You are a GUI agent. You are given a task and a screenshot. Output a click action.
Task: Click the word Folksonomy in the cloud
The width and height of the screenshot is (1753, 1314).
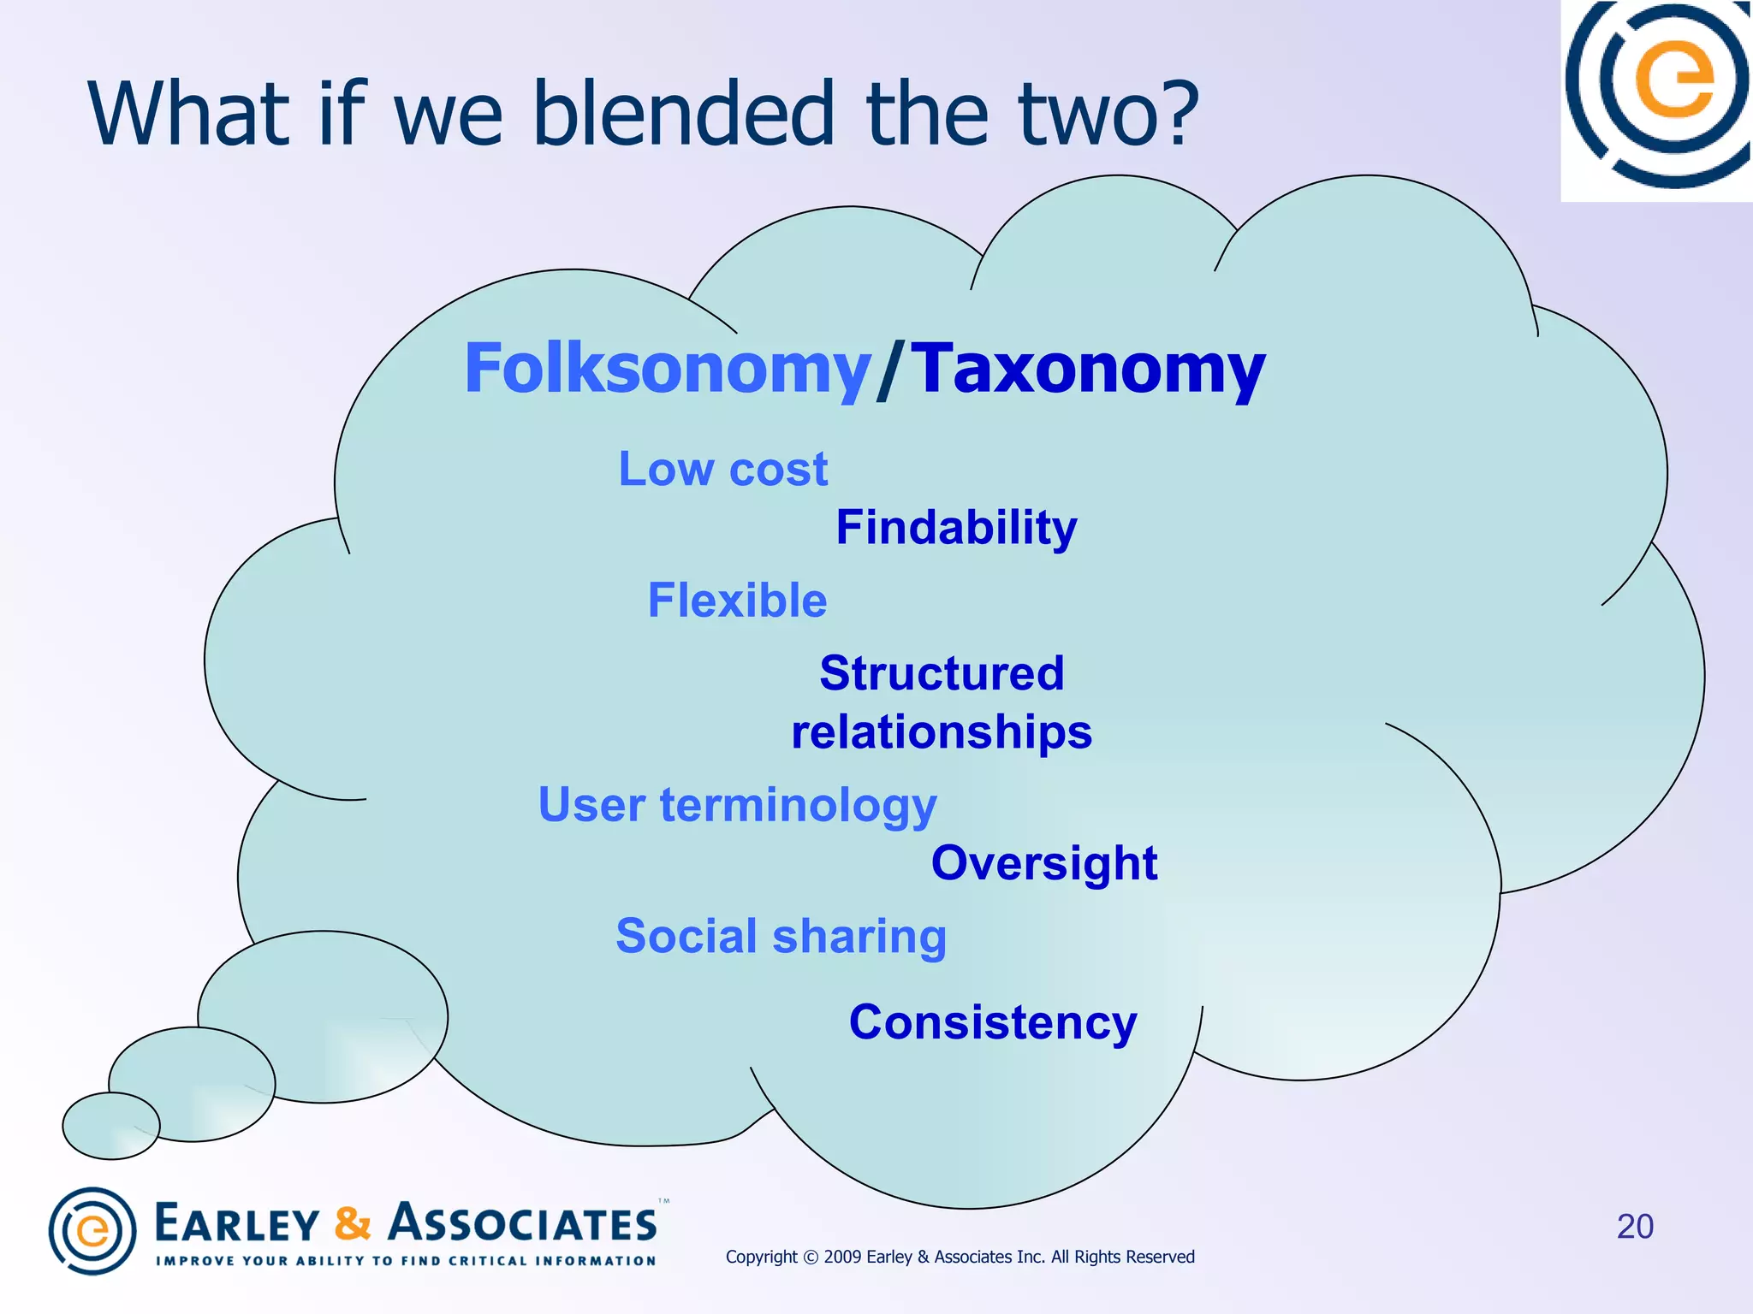(667, 370)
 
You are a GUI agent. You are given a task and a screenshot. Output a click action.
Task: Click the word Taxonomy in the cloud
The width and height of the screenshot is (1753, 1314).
(1087, 370)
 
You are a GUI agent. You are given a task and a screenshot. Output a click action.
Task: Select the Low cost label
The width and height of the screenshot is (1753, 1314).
(723, 469)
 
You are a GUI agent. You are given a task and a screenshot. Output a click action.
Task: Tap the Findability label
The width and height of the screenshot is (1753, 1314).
(956, 527)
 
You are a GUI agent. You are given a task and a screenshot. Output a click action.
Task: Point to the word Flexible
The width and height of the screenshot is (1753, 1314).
(737, 600)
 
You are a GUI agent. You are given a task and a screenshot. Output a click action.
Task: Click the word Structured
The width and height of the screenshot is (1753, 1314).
(942, 673)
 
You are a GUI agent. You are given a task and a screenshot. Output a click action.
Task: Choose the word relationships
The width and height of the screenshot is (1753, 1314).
(942, 732)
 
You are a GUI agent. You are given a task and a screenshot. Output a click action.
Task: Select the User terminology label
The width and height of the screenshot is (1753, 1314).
(737, 806)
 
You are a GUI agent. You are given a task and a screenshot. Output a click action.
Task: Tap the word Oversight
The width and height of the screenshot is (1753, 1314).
(1044, 863)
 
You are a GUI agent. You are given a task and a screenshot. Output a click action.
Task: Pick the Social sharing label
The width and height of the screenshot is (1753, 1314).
(781, 936)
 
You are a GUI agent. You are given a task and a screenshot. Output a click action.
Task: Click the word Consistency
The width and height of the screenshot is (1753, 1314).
(993, 1022)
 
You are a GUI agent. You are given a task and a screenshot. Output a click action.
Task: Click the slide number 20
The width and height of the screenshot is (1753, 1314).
(1635, 1227)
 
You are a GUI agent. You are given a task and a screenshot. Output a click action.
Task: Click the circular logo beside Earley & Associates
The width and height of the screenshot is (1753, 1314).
(92, 1231)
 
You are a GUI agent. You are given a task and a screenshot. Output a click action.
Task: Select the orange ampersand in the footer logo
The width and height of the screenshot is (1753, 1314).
(353, 1223)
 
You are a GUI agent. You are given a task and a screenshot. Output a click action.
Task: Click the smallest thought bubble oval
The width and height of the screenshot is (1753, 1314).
(111, 1126)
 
